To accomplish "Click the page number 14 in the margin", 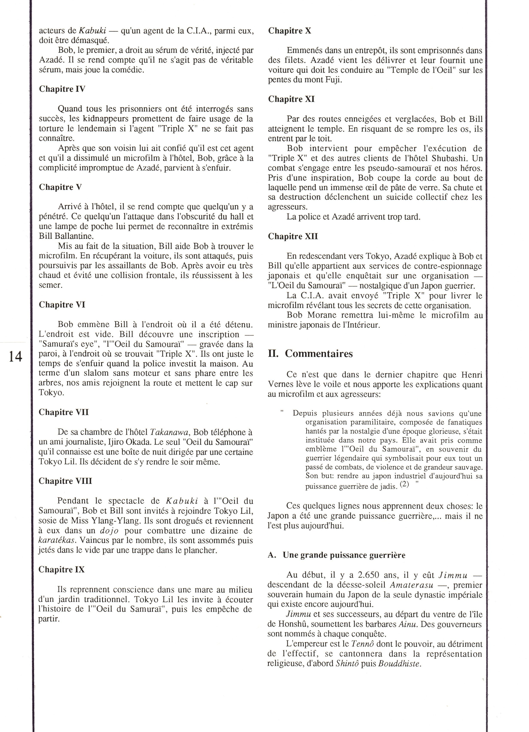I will [15, 357].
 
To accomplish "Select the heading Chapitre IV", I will [62, 89].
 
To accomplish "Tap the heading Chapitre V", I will [60, 187].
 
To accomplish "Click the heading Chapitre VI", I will [62, 305].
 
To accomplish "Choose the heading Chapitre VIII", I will [65, 481].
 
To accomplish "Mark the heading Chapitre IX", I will [62, 570].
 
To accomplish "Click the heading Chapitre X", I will [290, 31].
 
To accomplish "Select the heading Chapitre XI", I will [291, 99].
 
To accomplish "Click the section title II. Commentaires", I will [310, 354].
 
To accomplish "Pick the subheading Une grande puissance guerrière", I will [344, 555].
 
